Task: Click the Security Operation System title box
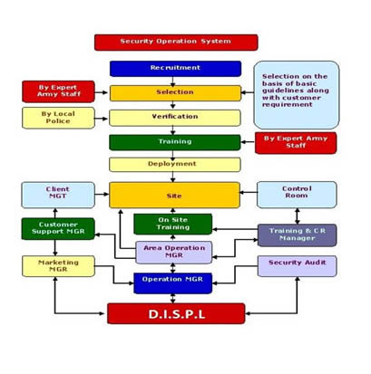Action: pos(176,43)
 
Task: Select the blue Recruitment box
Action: pos(175,69)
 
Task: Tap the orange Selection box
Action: pos(175,93)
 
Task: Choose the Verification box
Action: pos(175,118)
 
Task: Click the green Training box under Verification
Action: pos(175,142)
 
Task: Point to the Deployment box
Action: pos(175,165)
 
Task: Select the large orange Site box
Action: pos(174,195)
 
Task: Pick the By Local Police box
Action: pos(58,118)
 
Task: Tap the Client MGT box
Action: pos(58,195)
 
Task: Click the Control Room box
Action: pos(297,195)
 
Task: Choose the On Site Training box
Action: pos(173,225)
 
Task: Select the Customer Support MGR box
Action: pos(58,229)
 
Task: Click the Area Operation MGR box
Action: pos(174,253)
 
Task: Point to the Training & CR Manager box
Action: pos(298,235)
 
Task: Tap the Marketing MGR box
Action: pos(58,266)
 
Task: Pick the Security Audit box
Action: pos(297,266)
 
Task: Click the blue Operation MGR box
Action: pos(173,283)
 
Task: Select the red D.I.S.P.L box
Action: pos(176,313)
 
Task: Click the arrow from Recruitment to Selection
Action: pos(172,82)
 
